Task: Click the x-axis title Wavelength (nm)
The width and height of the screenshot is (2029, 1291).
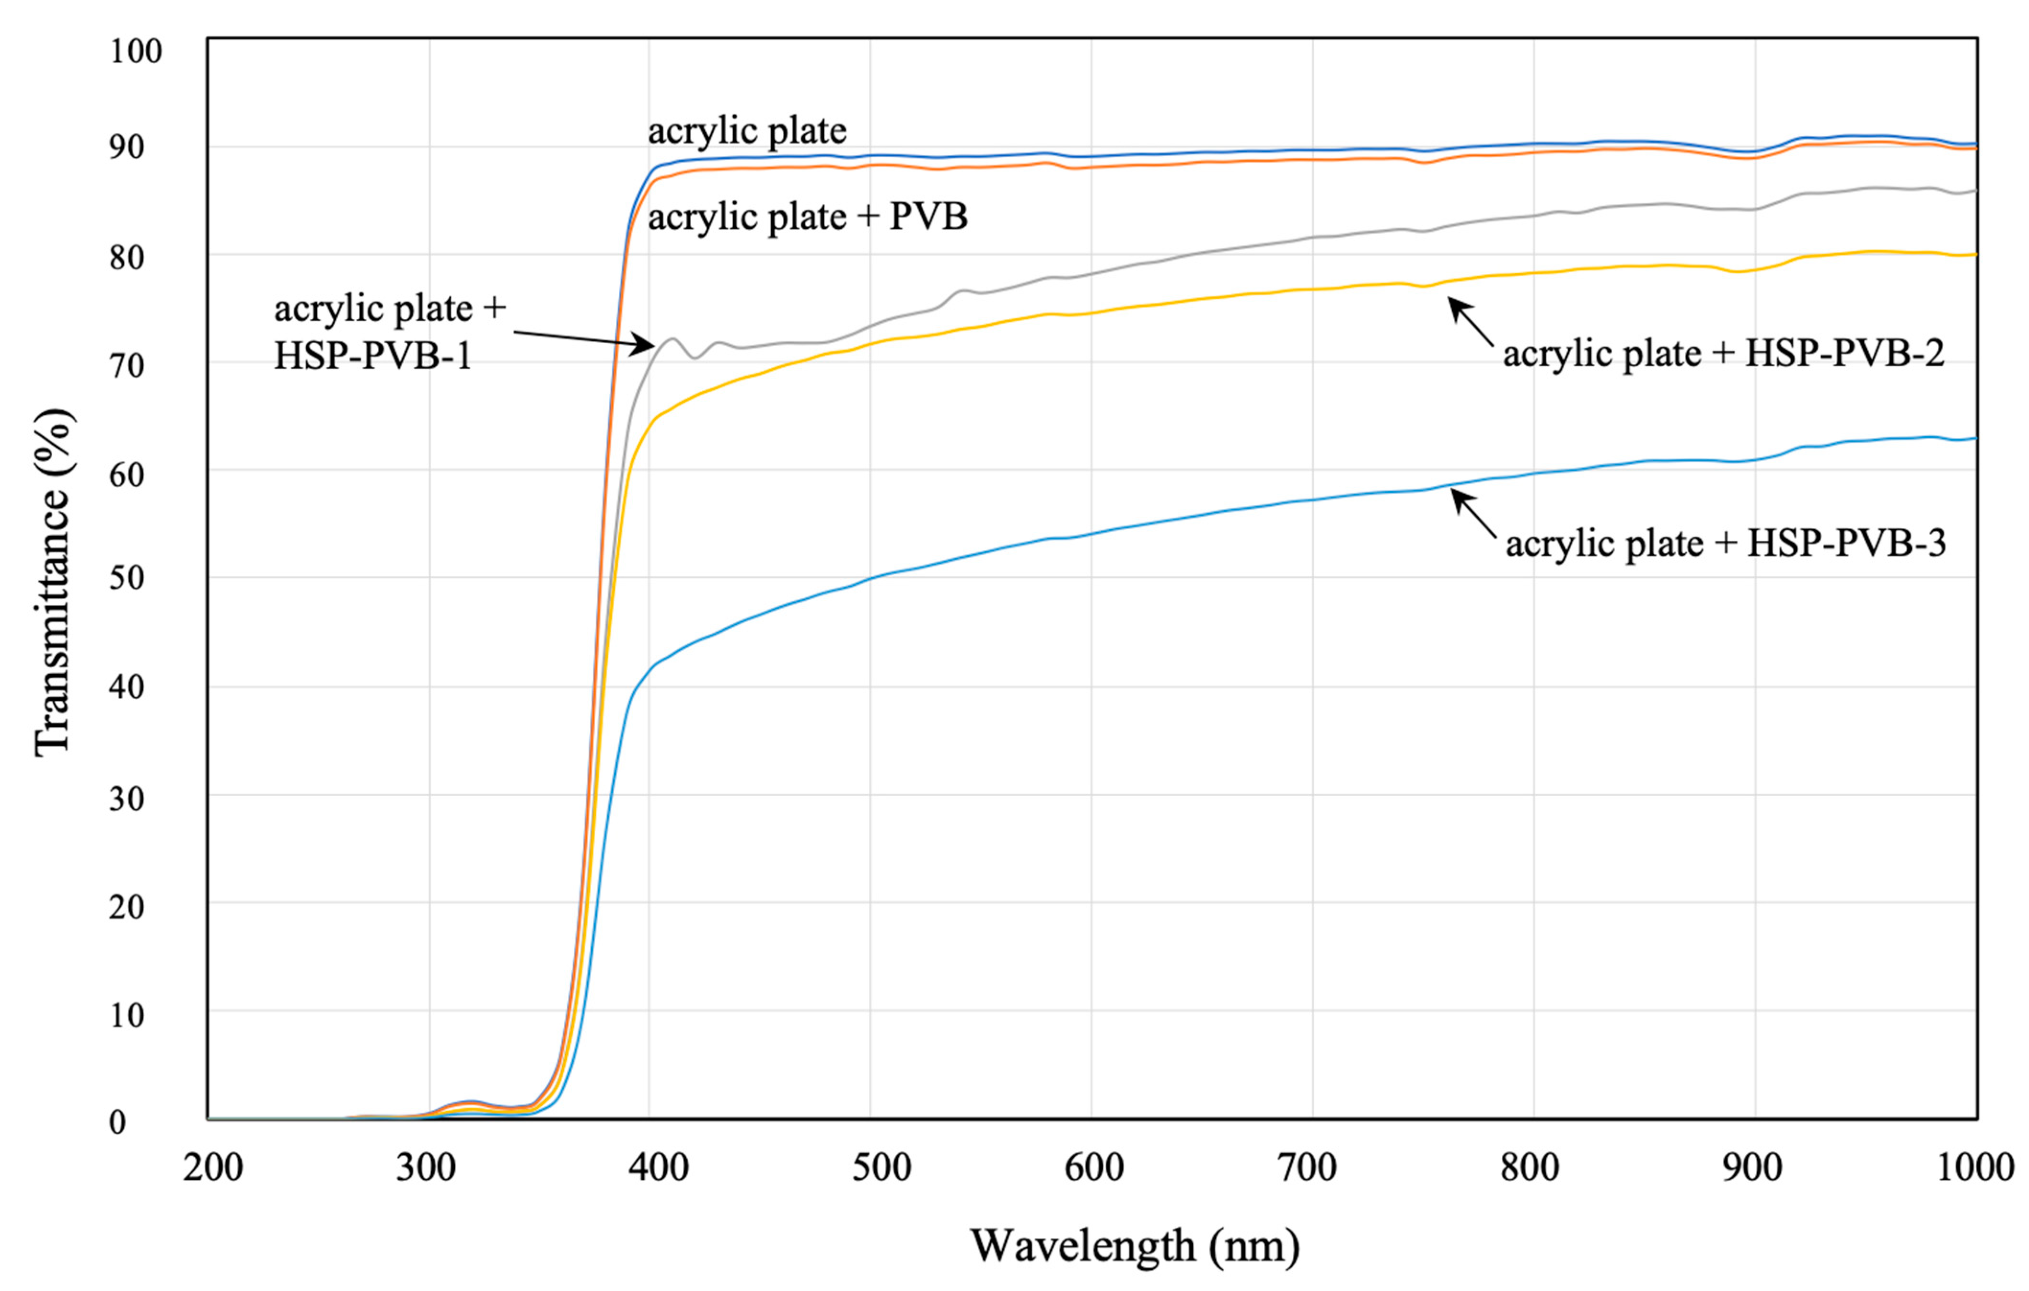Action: click(x=1135, y=1245)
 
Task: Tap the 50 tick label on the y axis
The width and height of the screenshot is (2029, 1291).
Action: click(x=127, y=578)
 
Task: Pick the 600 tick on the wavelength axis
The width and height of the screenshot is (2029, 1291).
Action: click(x=1094, y=1168)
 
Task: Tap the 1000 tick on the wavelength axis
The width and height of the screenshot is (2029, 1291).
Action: click(x=1975, y=1168)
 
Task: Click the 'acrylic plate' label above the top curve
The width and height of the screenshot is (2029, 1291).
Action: click(x=746, y=131)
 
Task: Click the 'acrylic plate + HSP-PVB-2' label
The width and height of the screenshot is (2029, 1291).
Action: click(x=1723, y=354)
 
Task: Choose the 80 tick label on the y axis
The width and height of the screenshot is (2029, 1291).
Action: click(x=127, y=257)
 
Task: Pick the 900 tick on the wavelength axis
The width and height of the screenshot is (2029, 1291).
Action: click(x=1752, y=1168)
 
